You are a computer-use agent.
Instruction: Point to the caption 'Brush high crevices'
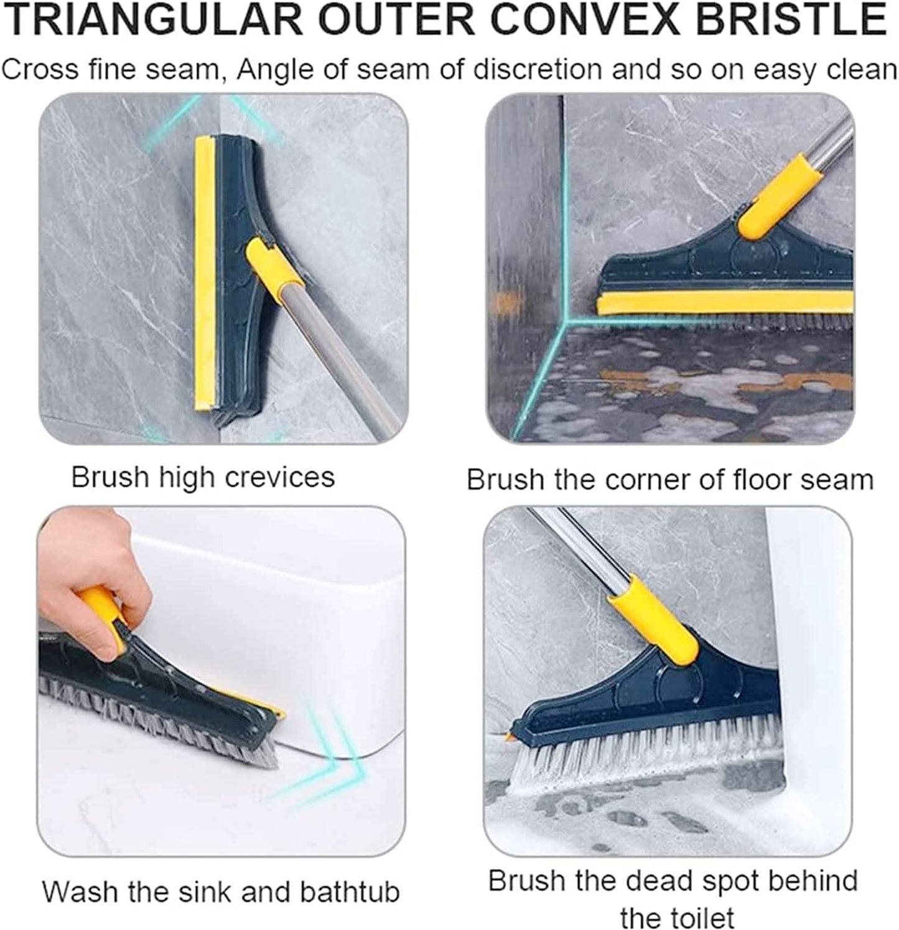(x=203, y=478)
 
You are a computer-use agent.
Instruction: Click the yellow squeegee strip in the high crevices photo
(x=205, y=274)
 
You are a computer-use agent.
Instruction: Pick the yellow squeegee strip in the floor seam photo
(x=722, y=304)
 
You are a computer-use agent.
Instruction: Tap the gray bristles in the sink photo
(x=156, y=715)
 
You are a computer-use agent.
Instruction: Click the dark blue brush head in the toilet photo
(x=672, y=691)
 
